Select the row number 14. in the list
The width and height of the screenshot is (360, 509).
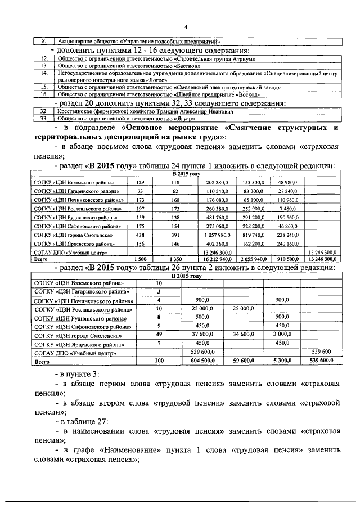tap(43, 73)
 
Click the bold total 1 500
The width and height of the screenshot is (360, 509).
tap(140, 260)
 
